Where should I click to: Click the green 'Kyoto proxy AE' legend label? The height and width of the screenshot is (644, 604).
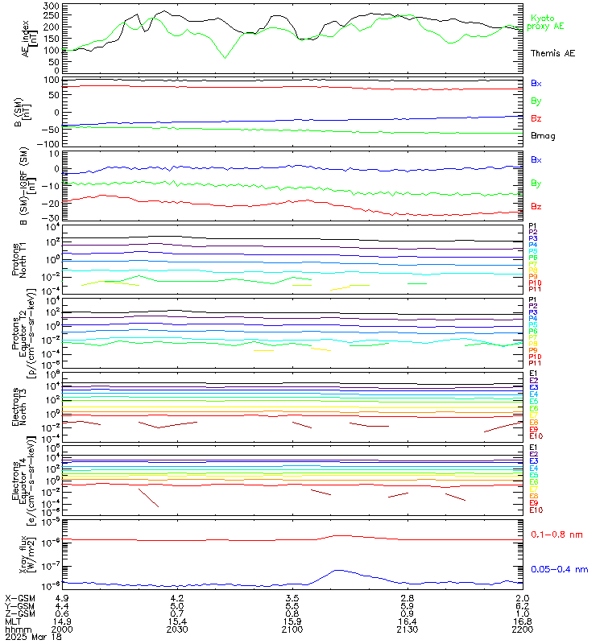[x=546, y=22]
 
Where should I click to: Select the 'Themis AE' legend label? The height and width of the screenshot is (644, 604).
[x=552, y=53]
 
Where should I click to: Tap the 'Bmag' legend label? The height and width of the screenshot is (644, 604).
[x=541, y=135]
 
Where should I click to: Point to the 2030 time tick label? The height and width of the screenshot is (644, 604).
[x=177, y=630]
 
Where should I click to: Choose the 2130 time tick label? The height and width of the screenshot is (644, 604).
[x=407, y=630]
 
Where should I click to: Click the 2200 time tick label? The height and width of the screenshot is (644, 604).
[x=521, y=630]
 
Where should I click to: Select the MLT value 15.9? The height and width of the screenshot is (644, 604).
[x=292, y=622]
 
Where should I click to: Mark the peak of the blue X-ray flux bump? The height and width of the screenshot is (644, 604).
[x=337, y=571]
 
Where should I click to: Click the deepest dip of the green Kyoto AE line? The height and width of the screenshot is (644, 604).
[x=225, y=57]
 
